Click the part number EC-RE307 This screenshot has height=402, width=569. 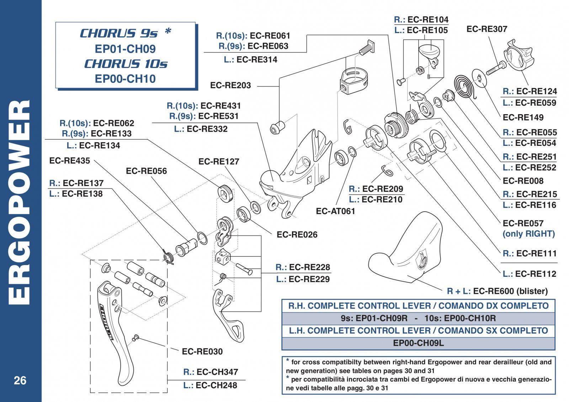pos(486,29)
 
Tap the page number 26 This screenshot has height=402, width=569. pos(20,380)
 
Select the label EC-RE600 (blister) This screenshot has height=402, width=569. pos(510,291)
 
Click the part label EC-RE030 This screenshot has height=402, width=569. pos(202,351)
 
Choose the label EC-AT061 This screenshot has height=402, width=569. pos(335,211)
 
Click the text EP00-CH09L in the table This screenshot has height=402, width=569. pos(418,343)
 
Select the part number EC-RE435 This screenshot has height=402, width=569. pos(69,160)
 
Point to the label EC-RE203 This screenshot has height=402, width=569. pos(230,85)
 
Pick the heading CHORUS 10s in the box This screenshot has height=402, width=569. pos(126,64)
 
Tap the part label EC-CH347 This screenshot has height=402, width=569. pos(217,372)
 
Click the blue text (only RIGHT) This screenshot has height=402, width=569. pos(528,234)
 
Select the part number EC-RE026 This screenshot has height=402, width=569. pos(297,234)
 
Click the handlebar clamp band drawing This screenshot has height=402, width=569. pos(353,82)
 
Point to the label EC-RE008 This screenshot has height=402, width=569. pos(523,181)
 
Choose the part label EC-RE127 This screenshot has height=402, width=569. pos(219,162)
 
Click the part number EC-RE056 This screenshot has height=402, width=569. pos(146,171)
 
